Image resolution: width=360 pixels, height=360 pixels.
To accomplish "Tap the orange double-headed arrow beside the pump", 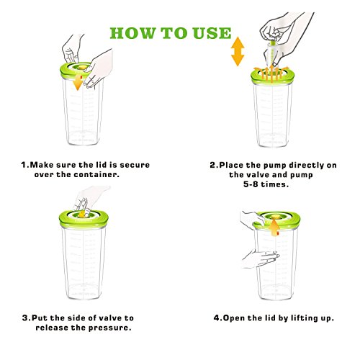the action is (x=238, y=51).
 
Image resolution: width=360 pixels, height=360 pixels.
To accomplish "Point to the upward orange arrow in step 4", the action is (x=275, y=228).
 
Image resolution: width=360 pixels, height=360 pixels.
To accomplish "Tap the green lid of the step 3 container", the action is (x=84, y=220).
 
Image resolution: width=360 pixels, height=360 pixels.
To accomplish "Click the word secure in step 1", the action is (x=135, y=165).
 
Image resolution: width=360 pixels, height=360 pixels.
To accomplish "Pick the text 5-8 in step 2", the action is (x=251, y=184).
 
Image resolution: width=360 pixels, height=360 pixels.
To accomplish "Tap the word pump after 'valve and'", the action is (x=302, y=175).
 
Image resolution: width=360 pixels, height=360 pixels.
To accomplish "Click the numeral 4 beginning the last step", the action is (x=217, y=318).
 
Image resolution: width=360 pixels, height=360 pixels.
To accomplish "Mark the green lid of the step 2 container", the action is (x=273, y=76).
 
